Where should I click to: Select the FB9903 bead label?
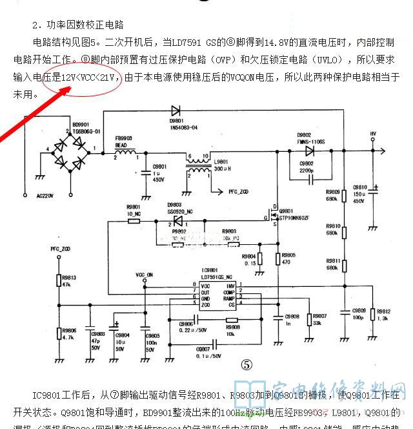pos(123,138)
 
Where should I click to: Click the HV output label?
pos(372,134)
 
